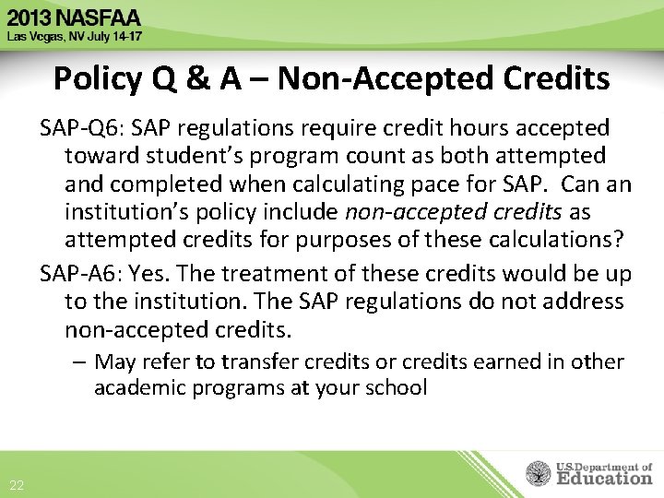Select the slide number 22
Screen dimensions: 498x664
pyautogui.click(x=17, y=486)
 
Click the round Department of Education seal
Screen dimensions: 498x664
pyautogui.click(x=538, y=473)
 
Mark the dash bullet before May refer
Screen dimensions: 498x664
pyautogui.click(x=81, y=362)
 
